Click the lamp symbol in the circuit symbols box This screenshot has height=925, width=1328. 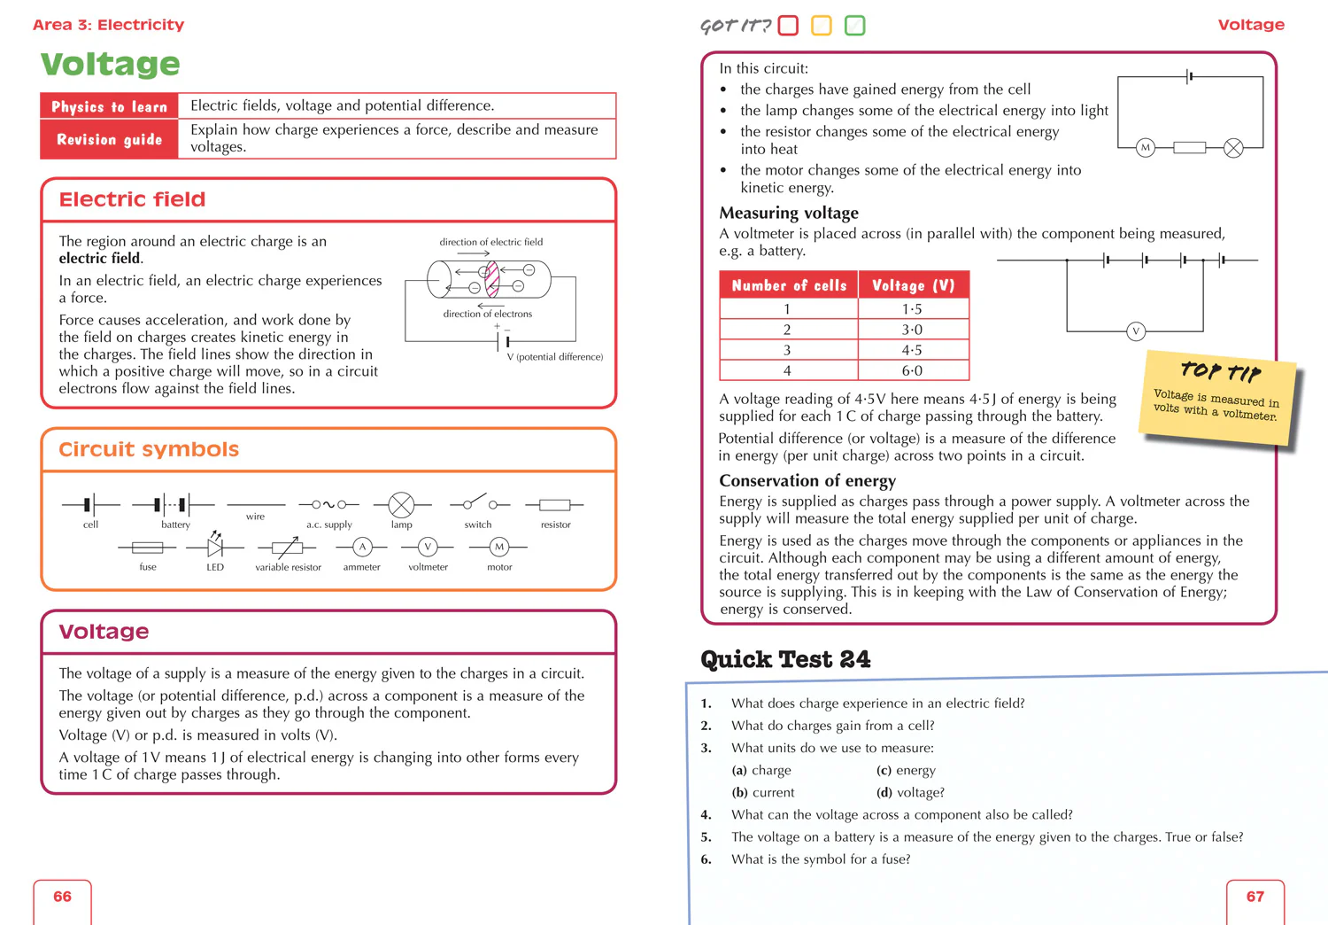point(401,505)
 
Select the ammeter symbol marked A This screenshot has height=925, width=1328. point(362,547)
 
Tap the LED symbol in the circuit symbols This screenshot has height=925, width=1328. point(214,546)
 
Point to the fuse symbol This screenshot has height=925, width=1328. point(147,548)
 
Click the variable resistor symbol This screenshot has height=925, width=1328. point(287,548)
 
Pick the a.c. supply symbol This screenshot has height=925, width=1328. point(328,505)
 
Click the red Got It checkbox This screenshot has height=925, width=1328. point(788,26)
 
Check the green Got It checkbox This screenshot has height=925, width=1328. point(854,26)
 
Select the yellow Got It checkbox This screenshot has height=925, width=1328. point(822,26)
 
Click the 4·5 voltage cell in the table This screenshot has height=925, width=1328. point(912,350)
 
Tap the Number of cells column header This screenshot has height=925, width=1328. point(789,285)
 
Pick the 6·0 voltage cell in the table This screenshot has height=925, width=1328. point(912,370)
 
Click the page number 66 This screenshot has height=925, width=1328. point(62,897)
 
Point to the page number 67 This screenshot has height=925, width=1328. point(1255,897)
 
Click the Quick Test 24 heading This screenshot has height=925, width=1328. point(785,659)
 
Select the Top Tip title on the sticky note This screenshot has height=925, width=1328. point(1221,372)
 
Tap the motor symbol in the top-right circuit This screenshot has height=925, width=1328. point(1146,148)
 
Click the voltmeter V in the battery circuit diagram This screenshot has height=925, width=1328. point(1136,331)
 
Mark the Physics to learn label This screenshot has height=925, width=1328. point(109,106)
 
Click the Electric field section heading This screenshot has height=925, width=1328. point(132,199)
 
